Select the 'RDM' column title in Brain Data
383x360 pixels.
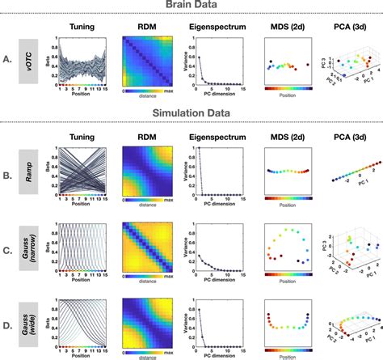click(x=146, y=26)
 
